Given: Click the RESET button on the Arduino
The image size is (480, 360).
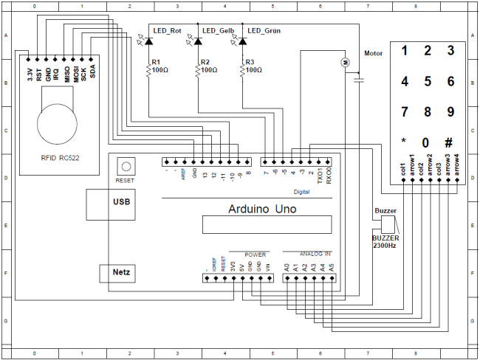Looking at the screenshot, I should [x=126, y=167].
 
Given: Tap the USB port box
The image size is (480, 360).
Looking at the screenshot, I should [x=116, y=201].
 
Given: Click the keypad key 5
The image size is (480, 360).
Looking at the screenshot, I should [x=427, y=81].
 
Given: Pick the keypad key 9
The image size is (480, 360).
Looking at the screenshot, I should [x=450, y=112].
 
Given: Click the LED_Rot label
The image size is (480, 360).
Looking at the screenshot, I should [x=167, y=30].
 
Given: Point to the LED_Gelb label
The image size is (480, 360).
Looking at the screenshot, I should [x=214, y=30].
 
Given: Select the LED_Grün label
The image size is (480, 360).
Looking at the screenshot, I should [x=264, y=30].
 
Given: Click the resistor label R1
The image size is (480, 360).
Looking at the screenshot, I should [x=156, y=62].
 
